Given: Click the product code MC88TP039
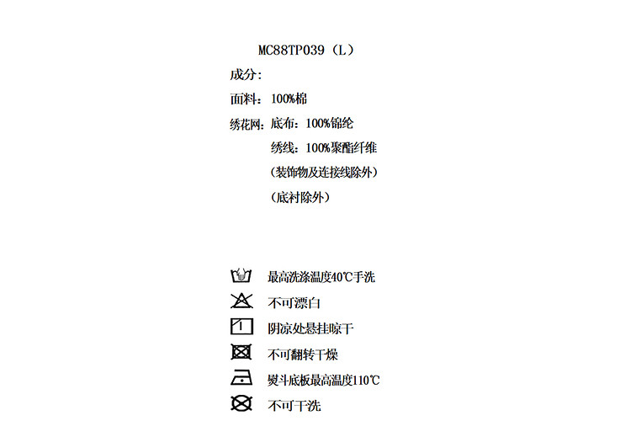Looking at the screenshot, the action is click(292, 50).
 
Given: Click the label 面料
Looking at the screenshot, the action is click(242, 99).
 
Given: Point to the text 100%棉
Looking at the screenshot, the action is click(289, 99).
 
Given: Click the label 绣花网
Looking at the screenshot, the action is click(247, 123).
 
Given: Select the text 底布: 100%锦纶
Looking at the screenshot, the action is click(312, 123).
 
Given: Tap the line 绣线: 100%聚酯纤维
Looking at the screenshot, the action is click(324, 147).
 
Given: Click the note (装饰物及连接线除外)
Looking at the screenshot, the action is click(324, 173).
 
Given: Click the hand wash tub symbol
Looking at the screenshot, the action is click(241, 275).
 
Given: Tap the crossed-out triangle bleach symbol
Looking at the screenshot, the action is click(241, 301).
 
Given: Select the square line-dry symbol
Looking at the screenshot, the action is click(241, 328).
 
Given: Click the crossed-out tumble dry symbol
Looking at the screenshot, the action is click(241, 354).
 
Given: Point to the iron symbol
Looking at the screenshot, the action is click(241, 379).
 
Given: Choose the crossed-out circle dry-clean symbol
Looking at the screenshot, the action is click(241, 405).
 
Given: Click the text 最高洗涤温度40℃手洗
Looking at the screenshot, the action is click(321, 276).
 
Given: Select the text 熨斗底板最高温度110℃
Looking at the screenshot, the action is click(324, 380).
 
